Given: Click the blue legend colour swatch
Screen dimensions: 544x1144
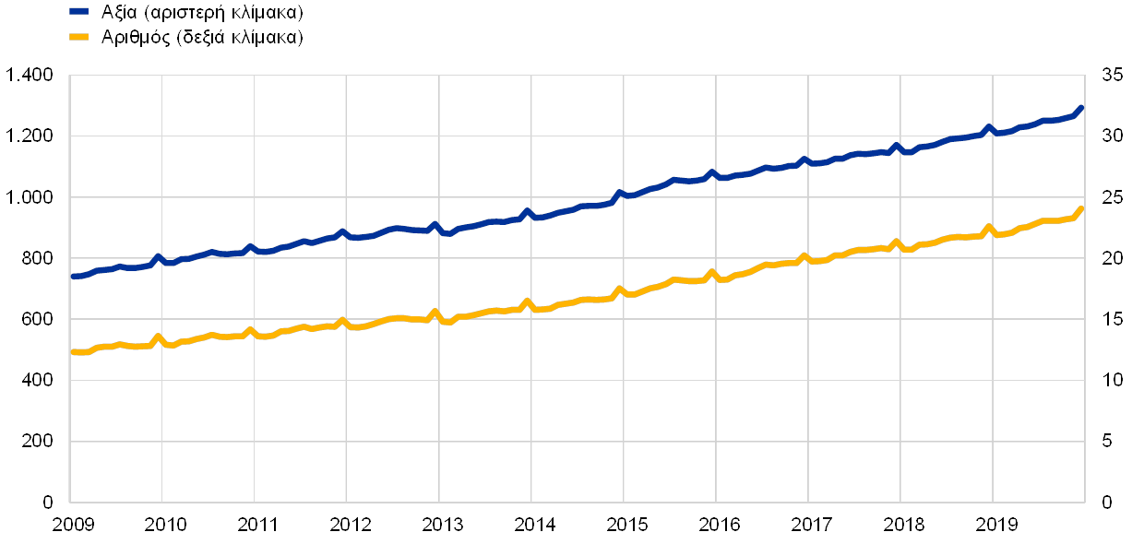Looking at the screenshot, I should (78, 13).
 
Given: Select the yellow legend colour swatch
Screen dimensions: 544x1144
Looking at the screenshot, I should (78, 37).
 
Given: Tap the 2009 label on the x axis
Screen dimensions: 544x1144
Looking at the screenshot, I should (74, 525).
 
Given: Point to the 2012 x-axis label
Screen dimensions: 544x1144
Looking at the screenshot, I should (350, 525).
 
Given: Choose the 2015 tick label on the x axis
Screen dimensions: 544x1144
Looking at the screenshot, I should (626, 525).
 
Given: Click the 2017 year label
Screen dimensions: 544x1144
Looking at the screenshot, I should (811, 525).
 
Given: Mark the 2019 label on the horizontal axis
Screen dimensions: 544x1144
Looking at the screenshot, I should (995, 525).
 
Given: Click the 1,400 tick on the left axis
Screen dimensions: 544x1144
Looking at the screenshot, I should (30, 75).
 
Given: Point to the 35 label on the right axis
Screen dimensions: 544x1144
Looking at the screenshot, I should (1111, 75).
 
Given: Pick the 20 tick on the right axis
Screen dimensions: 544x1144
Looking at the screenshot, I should (1111, 258).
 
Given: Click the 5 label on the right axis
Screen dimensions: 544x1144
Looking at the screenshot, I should (1106, 441).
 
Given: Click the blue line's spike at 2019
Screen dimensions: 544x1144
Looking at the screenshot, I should (988, 127).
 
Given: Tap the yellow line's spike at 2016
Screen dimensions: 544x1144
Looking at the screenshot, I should (711, 272).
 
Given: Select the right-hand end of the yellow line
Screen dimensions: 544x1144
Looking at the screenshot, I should (1080, 209).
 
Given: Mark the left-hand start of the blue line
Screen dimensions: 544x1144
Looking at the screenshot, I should (73, 276).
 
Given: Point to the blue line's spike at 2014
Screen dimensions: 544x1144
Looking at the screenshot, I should (527, 211).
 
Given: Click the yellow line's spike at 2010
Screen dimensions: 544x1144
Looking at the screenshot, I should (158, 337).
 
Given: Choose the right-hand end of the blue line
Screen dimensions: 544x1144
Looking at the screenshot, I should (1080, 108).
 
